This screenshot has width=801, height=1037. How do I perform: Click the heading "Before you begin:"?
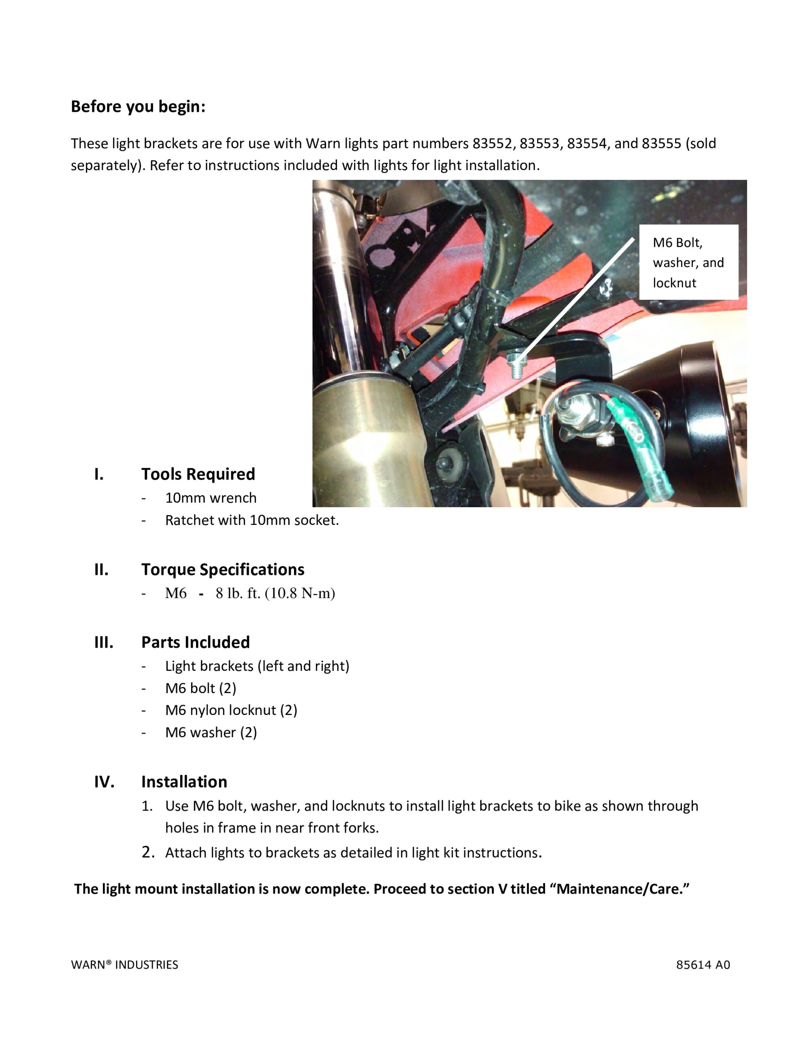coord(138,107)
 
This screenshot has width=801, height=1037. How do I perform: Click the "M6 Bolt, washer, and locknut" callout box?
coord(688,262)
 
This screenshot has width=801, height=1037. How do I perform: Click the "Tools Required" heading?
coord(198,474)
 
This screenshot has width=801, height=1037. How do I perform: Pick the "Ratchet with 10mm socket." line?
coord(251,520)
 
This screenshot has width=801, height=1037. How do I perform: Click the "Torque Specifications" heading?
coord(223,569)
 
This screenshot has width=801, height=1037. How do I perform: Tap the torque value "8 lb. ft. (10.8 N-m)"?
coord(275,593)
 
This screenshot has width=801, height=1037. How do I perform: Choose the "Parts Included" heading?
coord(195,642)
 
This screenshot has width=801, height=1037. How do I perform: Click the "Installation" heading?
coord(184,781)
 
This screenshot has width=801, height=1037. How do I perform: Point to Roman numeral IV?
coord(104,781)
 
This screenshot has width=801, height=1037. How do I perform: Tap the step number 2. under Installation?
coord(148,852)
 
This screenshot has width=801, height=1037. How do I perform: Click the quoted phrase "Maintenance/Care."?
coord(622,889)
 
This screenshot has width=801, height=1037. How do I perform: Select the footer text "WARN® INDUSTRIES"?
coord(124,965)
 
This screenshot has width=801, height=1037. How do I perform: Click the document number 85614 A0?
coord(703,965)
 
